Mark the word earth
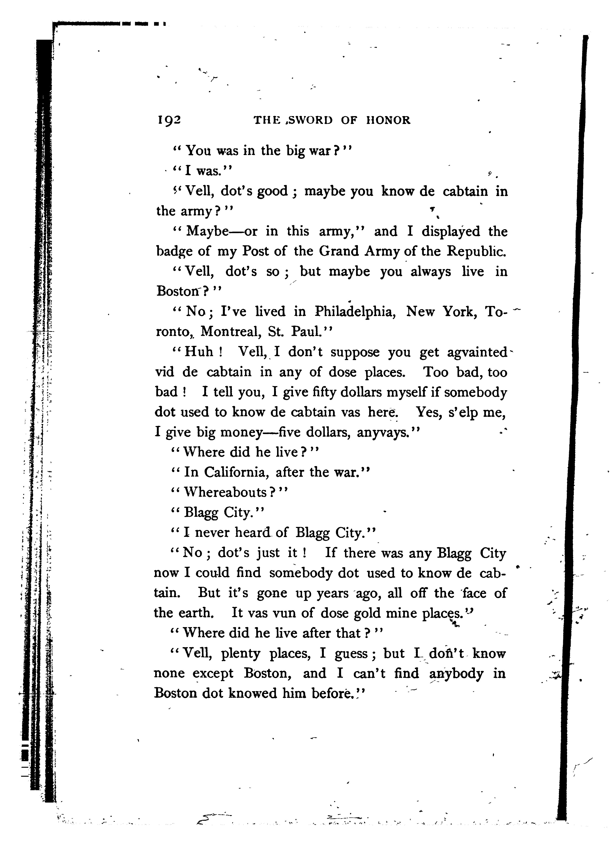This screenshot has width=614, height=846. (x=197, y=612)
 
